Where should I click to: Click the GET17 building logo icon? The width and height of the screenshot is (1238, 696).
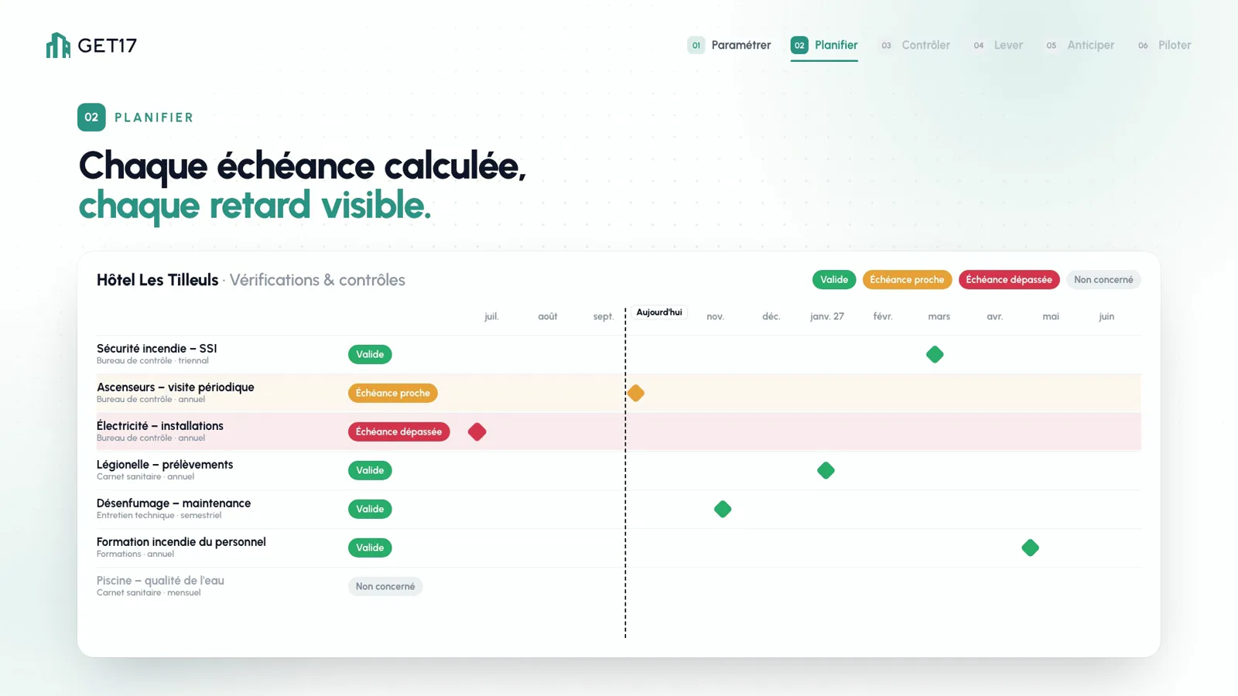point(58,46)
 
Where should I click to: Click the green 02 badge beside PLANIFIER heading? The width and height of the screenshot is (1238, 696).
point(91,117)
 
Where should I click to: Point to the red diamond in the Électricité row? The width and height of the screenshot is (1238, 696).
point(477,432)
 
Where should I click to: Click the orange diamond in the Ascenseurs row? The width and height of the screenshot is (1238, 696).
point(635,393)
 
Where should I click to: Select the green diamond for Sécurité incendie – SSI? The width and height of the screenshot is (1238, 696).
point(935,354)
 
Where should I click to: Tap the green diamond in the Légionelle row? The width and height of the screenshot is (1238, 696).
point(826,470)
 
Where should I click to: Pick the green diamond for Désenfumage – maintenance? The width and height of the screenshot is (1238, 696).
point(723,509)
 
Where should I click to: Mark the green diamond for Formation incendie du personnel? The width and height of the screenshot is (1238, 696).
point(1030,548)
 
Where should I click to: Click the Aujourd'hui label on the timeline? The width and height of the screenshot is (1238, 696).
point(658,312)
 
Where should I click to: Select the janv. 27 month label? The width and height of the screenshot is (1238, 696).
point(827,316)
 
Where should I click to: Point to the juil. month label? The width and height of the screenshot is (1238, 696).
point(491,316)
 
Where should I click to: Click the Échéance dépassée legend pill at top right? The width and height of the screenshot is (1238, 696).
point(1009,279)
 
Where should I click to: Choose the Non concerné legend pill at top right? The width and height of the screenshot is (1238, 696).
point(1103,279)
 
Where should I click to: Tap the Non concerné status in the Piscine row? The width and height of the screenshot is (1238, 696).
point(385,586)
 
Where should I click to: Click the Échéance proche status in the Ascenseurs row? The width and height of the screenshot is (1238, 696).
point(392,393)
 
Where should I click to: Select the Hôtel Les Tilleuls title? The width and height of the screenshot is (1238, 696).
point(158,280)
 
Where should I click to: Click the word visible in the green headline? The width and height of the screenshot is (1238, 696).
point(375,205)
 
